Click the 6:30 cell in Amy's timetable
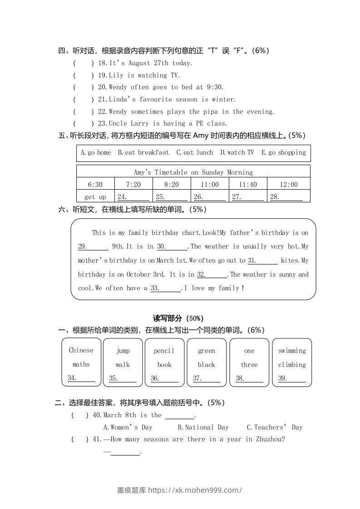(95, 184)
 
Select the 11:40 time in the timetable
(247, 184)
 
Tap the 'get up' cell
(95, 196)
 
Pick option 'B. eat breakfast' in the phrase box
(143, 152)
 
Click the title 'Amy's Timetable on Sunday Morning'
(193, 172)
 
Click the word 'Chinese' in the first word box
(81, 350)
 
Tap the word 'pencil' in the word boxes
(164, 351)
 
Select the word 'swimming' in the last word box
(292, 351)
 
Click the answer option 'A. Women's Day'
(128, 427)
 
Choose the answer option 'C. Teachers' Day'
(274, 427)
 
